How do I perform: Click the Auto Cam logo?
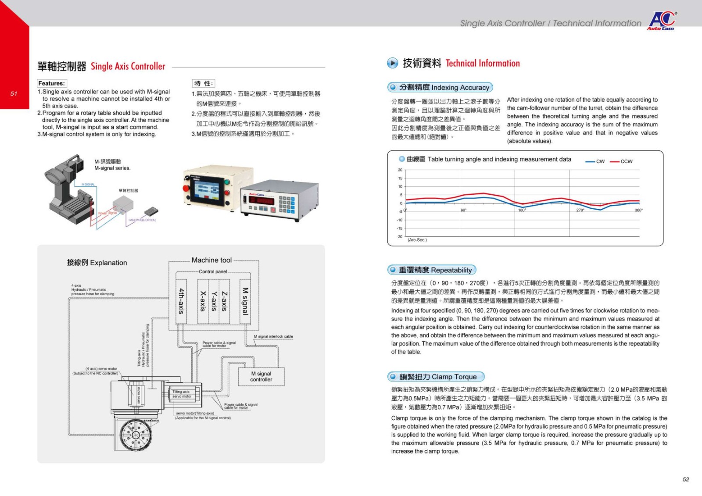click(662, 20)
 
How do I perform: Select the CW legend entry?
click(595, 161)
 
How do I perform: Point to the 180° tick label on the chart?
click(522, 211)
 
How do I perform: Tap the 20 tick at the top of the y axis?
click(400, 170)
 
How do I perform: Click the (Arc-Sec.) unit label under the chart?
click(417, 240)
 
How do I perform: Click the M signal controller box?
click(261, 377)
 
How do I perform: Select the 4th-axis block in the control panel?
click(181, 301)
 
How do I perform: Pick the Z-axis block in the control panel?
click(224, 301)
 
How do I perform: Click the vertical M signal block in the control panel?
click(245, 301)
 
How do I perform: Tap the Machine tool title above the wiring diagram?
click(211, 260)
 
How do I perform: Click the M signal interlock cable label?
click(273, 336)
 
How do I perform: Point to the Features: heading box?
click(52, 83)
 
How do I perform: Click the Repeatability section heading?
click(432, 270)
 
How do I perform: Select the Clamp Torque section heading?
click(436, 377)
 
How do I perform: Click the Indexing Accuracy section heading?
click(441, 87)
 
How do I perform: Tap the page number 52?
click(686, 479)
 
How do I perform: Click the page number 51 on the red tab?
click(14, 93)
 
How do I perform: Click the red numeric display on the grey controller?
click(261, 201)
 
